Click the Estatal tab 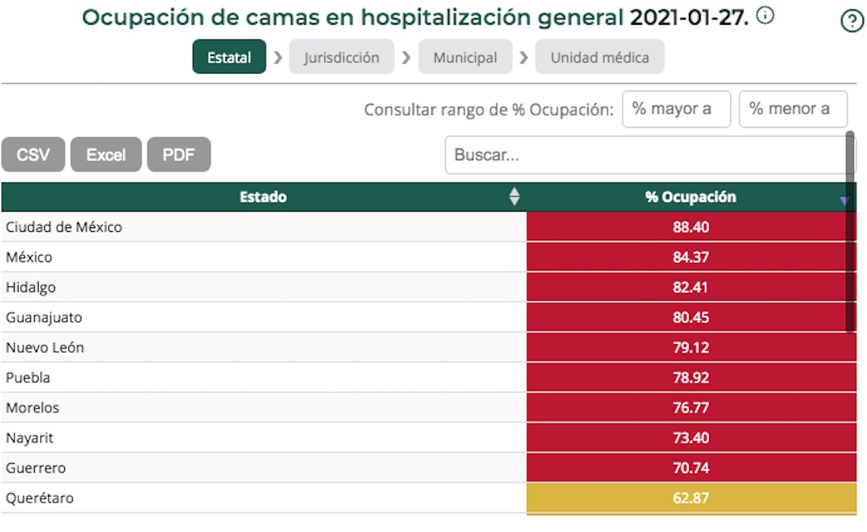[x=229, y=57]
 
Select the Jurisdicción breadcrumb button [x=341, y=57]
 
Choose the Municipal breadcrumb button [x=465, y=57]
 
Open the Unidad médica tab [x=599, y=57]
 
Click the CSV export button [x=33, y=155]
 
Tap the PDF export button [x=178, y=155]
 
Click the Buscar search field [x=646, y=155]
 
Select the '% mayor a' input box [x=676, y=109]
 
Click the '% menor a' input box [x=793, y=109]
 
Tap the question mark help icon [x=852, y=22]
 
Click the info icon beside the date [x=765, y=15]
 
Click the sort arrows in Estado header [x=514, y=197]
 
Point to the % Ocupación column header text [x=691, y=197]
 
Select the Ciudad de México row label [x=63, y=227]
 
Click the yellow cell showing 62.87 [x=691, y=498]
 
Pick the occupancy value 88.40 [x=691, y=227]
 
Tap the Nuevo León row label [x=45, y=348]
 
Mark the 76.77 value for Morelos [x=691, y=408]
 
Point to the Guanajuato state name [x=43, y=318]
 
